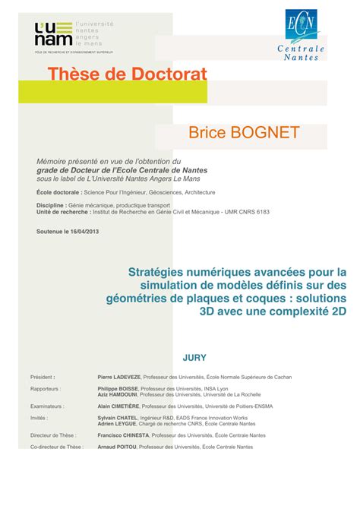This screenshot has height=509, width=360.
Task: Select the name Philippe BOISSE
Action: click(x=118, y=389)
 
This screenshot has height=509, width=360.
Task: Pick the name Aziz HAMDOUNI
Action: click(x=119, y=395)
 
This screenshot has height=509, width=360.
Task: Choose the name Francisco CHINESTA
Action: click(x=124, y=436)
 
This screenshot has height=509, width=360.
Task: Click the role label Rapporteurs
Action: click(x=46, y=389)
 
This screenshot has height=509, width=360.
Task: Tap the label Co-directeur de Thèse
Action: click(x=57, y=447)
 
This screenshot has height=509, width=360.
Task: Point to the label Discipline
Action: click(x=49, y=204)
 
